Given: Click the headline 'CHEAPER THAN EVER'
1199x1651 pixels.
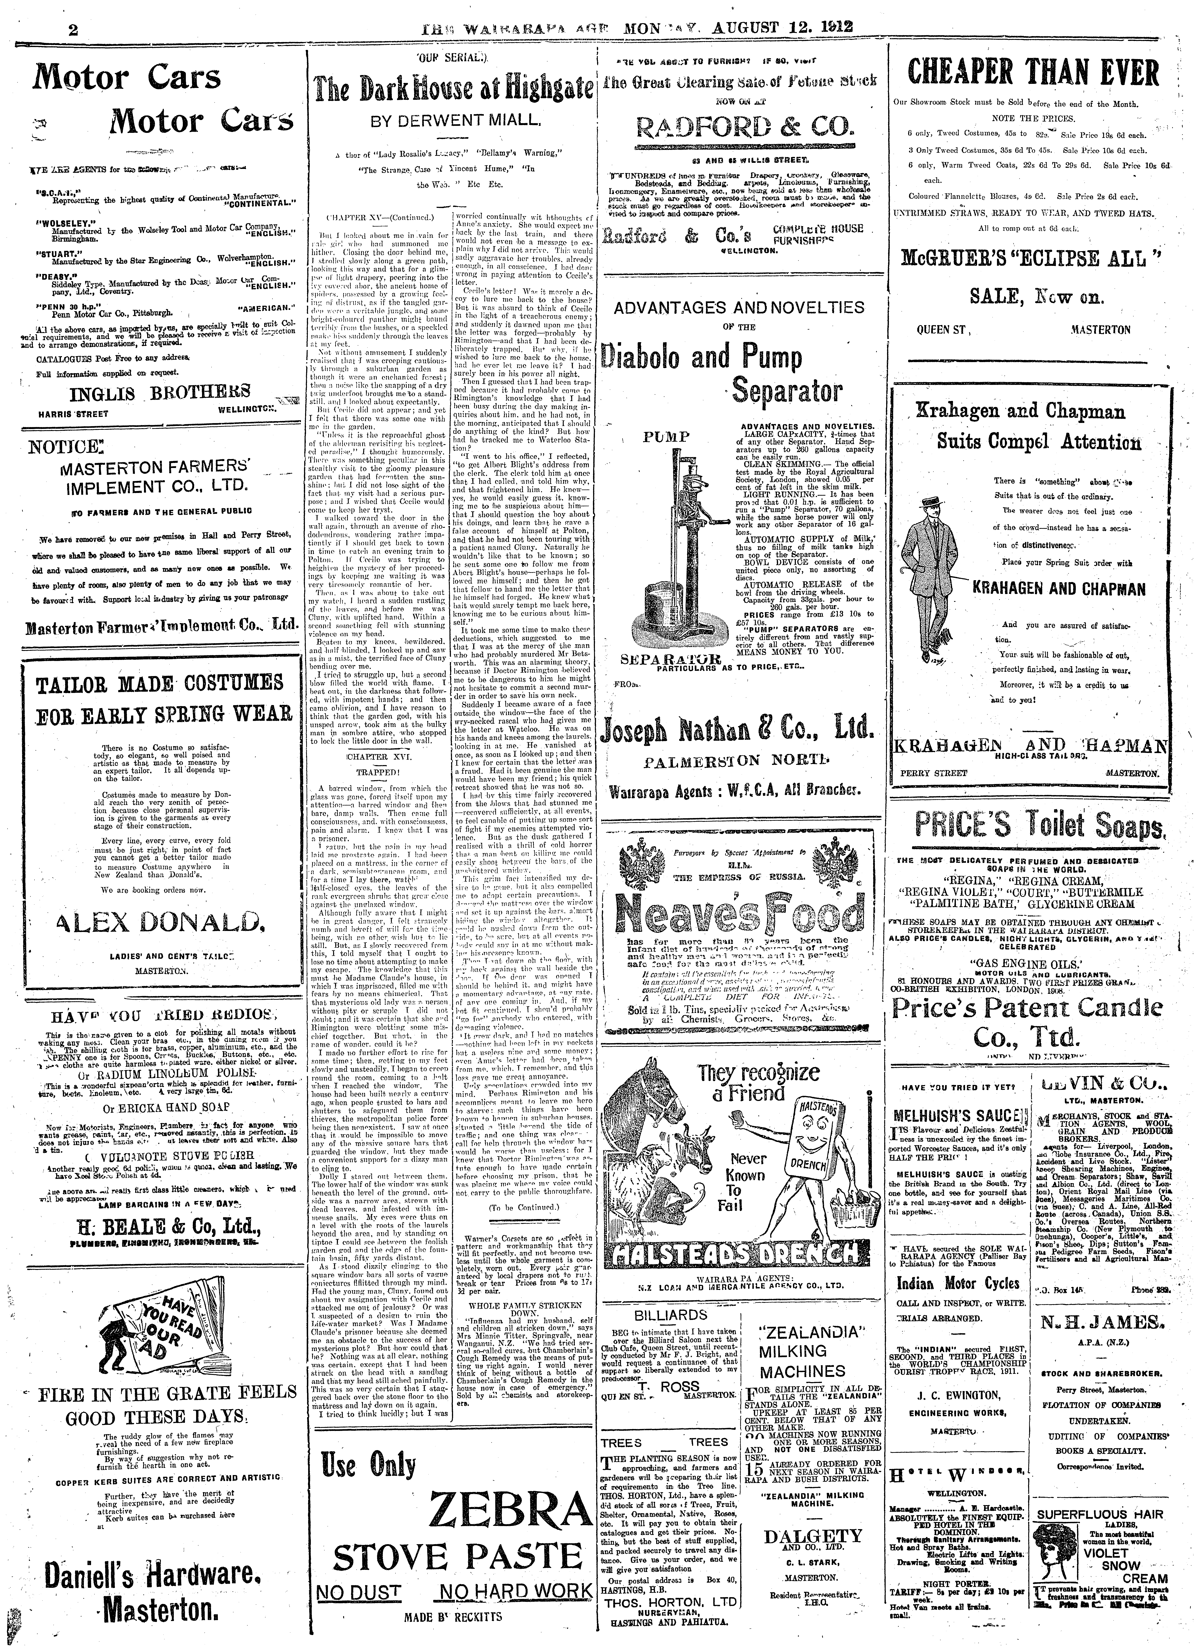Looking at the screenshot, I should tap(1034, 75).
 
